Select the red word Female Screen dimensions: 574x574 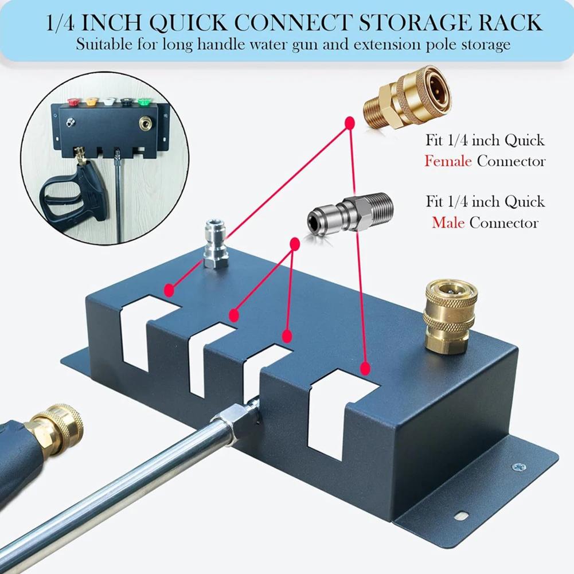coord(448,161)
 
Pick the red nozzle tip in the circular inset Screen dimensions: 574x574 coord(73,104)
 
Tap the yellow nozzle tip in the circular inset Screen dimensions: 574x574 coord(91,104)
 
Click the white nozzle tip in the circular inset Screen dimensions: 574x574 coord(109,104)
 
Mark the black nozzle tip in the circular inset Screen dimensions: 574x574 coord(127,104)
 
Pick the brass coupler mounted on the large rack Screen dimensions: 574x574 coord(450,317)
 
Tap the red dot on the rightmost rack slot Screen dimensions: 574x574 coord(364,368)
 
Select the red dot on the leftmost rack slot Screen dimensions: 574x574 coord(169,291)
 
